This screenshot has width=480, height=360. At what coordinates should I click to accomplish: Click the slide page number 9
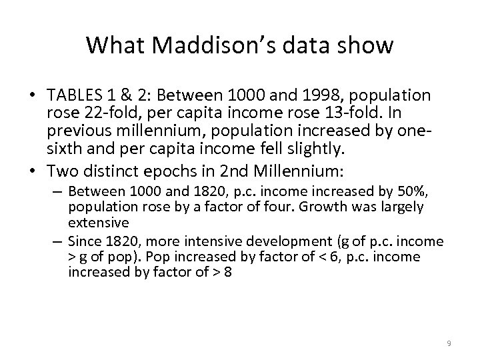click(x=449, y=343)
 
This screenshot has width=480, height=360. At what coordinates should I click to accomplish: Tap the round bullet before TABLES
click(x=39, y=96)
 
